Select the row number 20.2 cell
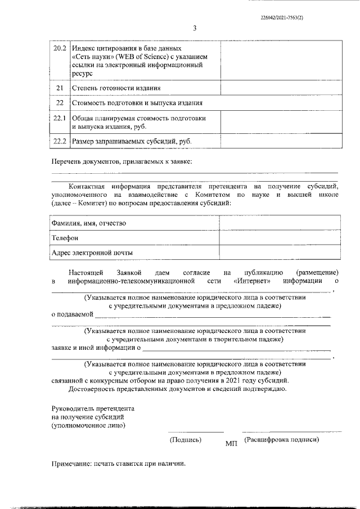pyautogui.click(x=60, y=49)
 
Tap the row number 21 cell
pyautogui.click(x=60, y=88)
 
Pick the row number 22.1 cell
pyautogui.click(x=60, y=118)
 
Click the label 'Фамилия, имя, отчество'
pyautogui.click(x=88, y=223)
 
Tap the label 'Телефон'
pyautogui.click(x=65, y=238)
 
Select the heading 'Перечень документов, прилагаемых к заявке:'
pyautogui.click(x=121, y=162)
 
